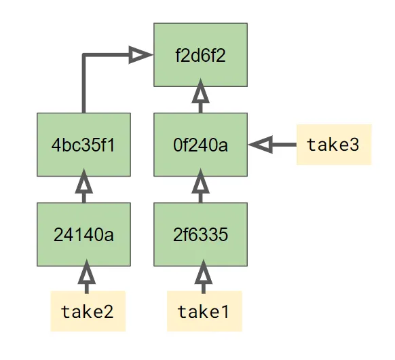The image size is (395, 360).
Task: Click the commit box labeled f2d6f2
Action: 200,54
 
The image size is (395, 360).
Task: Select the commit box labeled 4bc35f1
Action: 83,145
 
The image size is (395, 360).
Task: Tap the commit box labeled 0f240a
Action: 200,145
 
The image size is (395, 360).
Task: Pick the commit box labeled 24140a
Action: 83,234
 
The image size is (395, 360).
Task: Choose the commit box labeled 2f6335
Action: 200,234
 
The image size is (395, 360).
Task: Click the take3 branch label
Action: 333,145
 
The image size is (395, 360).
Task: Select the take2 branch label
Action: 88,311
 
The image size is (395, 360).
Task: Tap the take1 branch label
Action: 204,311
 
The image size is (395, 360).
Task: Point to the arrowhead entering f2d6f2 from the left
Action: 140,55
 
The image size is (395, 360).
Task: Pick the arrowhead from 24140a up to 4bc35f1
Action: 84,182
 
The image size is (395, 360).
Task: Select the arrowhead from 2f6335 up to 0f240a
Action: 200,182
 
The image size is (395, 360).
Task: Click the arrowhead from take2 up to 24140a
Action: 86,272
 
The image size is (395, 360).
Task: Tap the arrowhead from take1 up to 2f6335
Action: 202,272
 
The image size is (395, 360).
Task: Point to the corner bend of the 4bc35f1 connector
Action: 83,55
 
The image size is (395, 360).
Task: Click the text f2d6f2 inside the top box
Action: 200,54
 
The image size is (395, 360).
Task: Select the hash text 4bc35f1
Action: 83,145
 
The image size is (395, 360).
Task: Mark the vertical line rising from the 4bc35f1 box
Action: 83,85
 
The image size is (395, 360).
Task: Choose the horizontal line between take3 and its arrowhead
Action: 284,144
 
